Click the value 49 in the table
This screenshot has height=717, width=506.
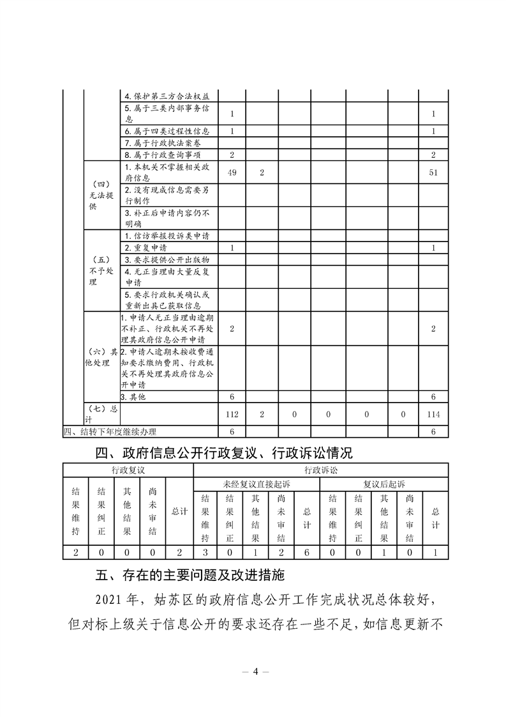pyautogui.click(x=232, y=173)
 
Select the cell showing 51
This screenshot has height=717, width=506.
pyautogui.click(x=434, y=173)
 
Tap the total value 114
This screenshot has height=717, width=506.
pyautogui.click(x=434, y=415)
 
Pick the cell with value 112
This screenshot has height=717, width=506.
pyautogui.click(x=232, y=415)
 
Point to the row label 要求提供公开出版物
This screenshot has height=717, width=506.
pyautogui.click(x=167, y=259)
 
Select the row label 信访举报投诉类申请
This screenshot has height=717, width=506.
pyautogui.click(x=167, y=236)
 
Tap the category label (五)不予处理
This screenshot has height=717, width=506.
pyautogui.click(x=101, y=270)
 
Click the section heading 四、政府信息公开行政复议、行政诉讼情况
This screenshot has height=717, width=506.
pyautogui.click(x=223, y=454)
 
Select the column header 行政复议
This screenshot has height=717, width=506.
pyautogui.click(x=128, y=470)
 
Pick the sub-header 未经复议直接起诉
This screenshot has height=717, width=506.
pyautogui.click(x=257, y=483)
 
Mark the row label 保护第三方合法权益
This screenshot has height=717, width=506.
pyautogui.click(x=167, y=96)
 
